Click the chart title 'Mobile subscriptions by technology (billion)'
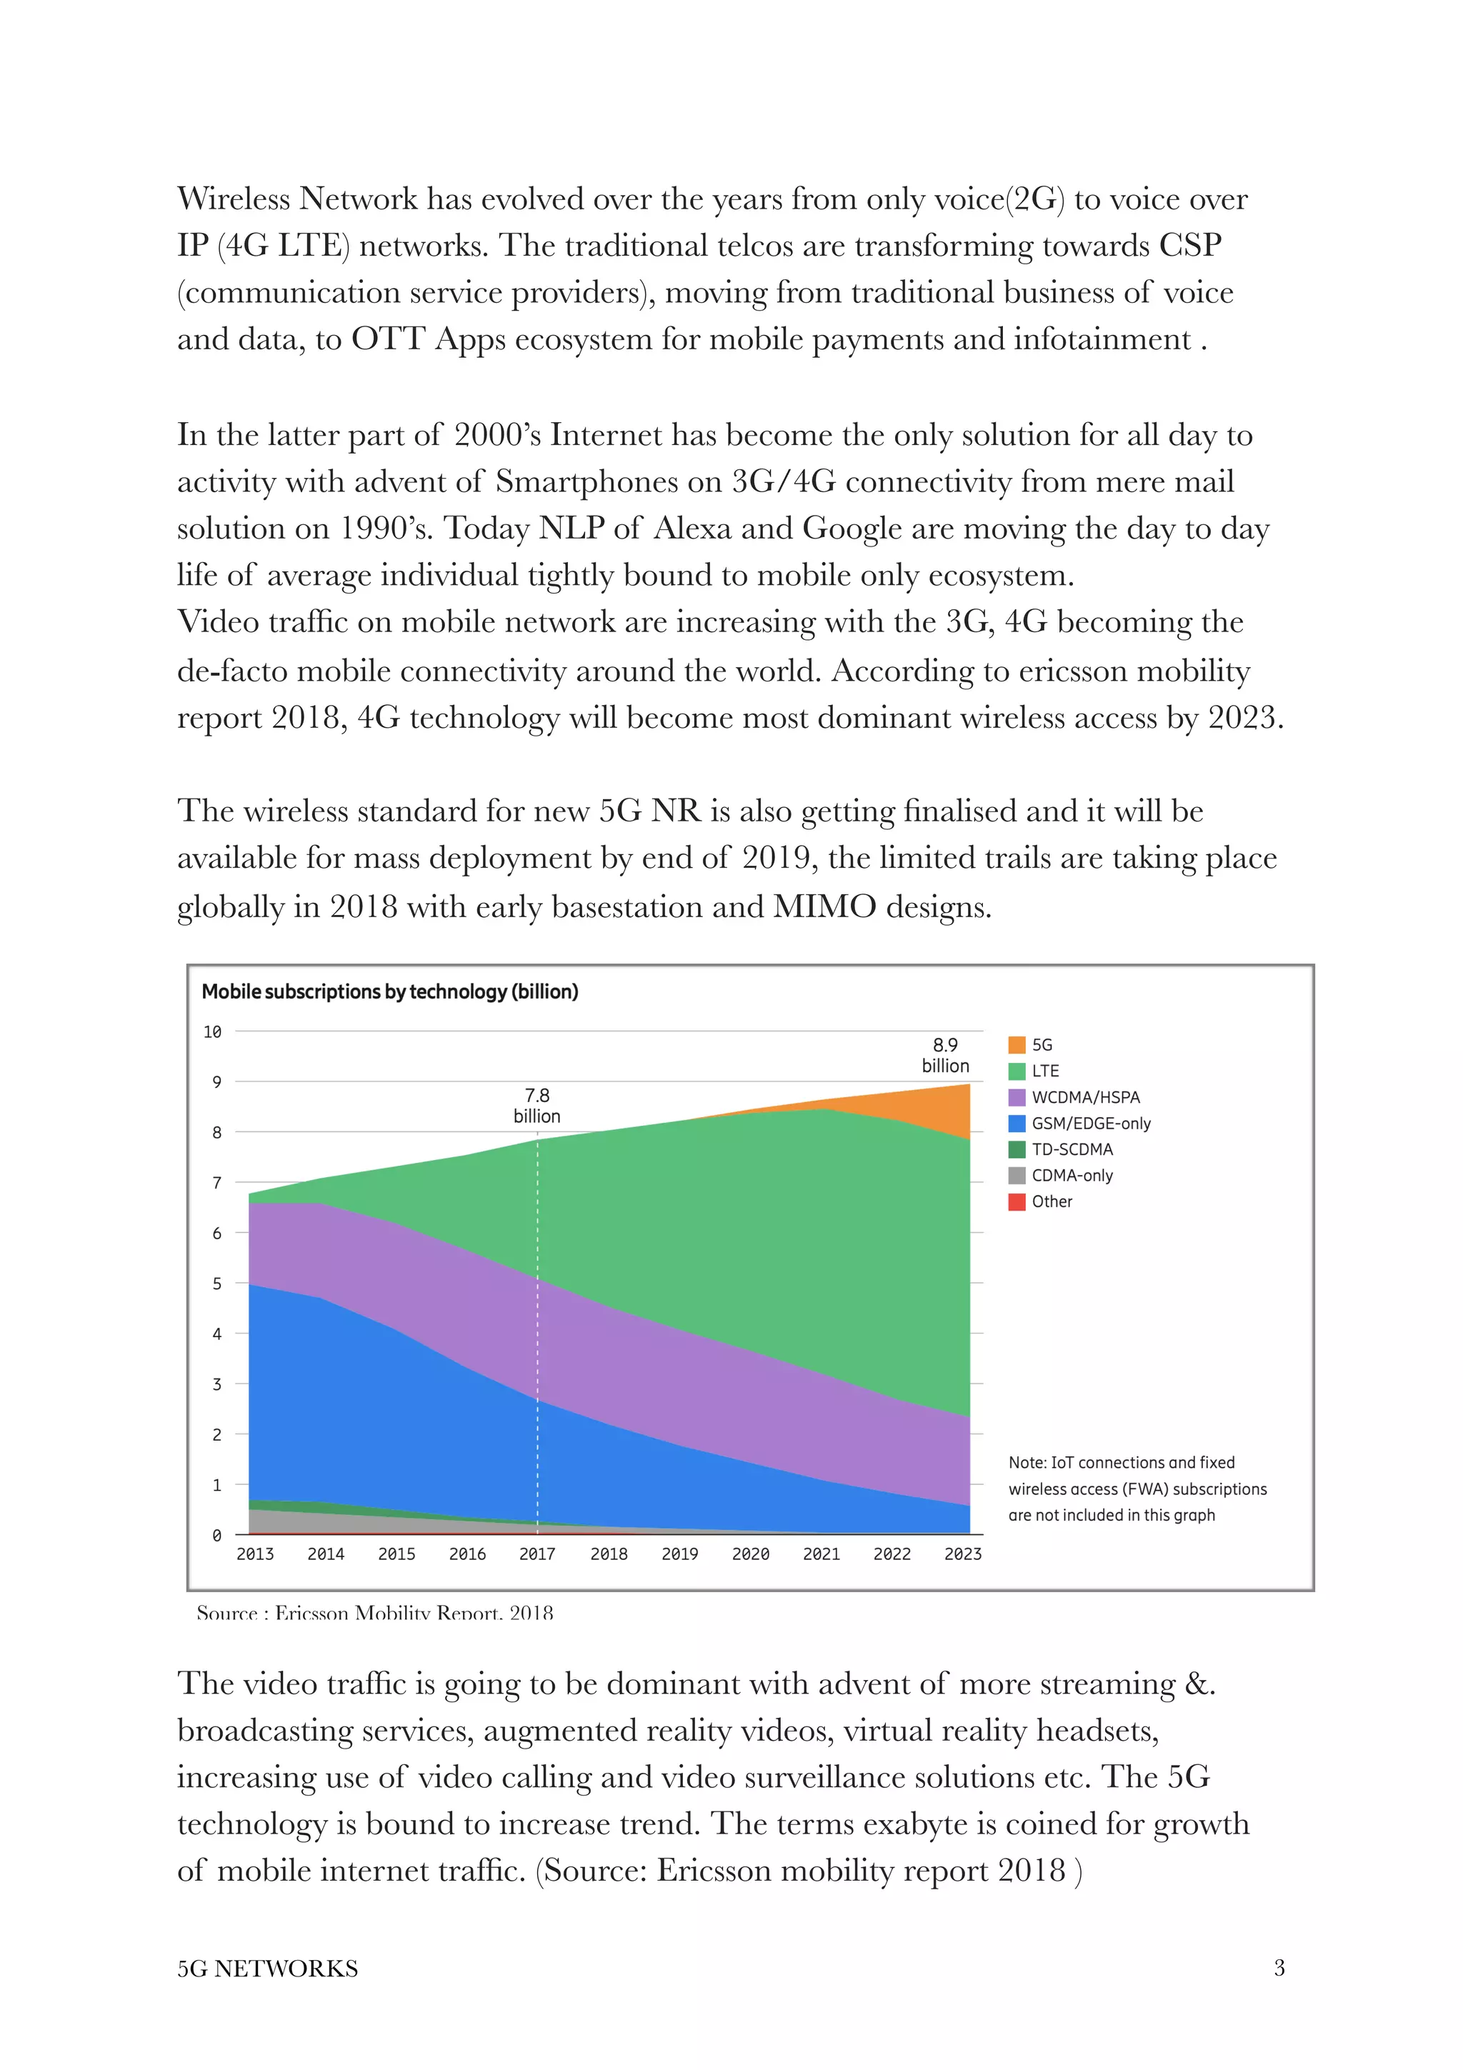(389, 991)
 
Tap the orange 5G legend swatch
(1016, 1044)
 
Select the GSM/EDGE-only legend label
(1091, 1124)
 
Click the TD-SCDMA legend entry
(1072, 1149)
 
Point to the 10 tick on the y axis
(213, 1031)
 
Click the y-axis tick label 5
(216, 1283)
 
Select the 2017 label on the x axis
(537, 1554)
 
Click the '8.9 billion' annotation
(944, 1055)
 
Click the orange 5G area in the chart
(942, 1111)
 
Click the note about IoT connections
(1137, 1489)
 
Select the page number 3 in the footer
(1278, 1967)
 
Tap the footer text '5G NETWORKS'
(268, 1968)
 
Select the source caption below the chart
(374, 1612)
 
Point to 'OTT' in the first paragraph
(388, 339)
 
